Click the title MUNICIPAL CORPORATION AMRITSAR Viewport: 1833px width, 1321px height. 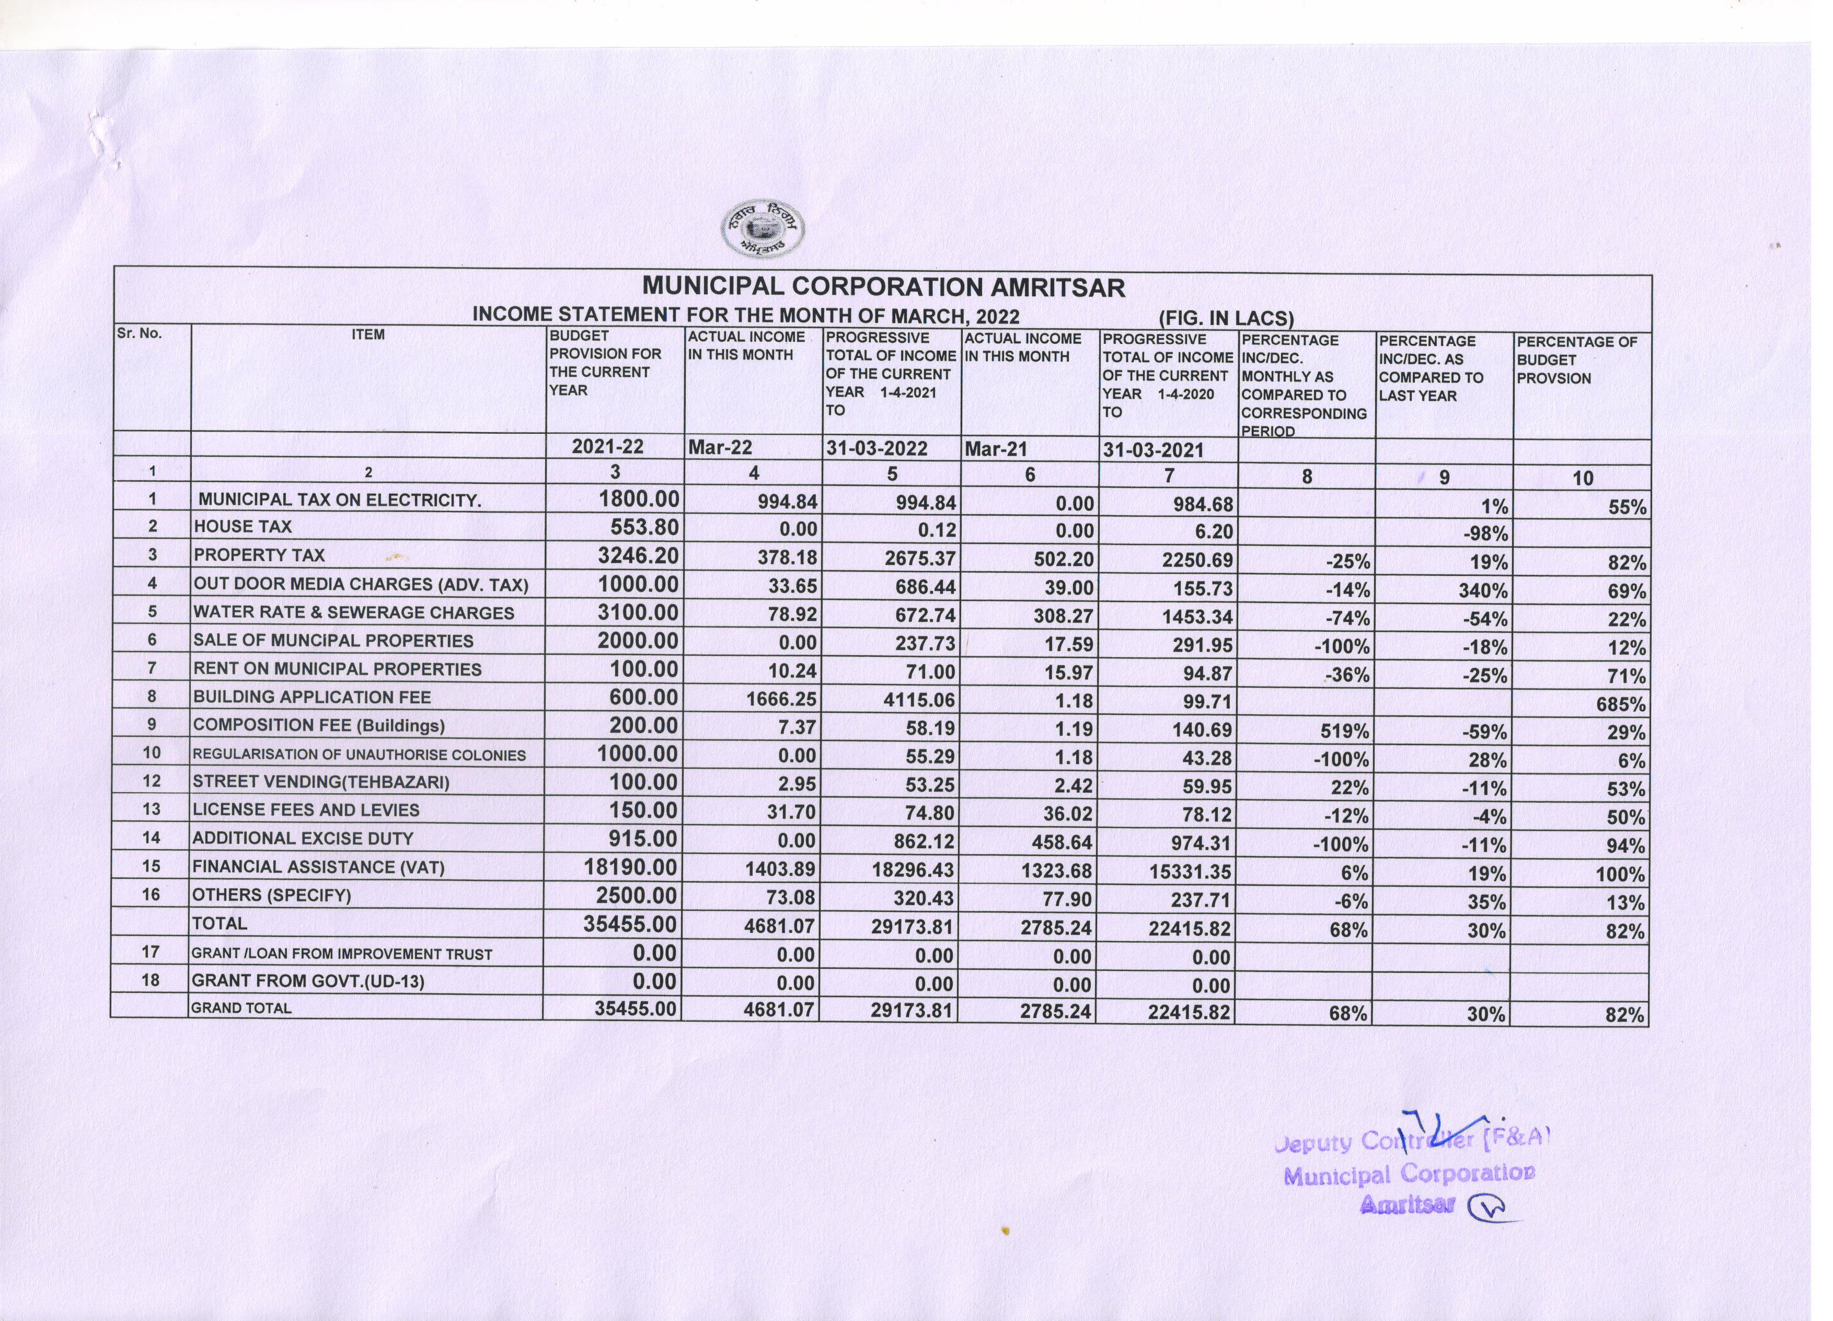[x=883, y=287]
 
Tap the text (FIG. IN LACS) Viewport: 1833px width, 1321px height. [x=1226, y=318]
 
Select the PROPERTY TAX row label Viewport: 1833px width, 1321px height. [x=259, y=555]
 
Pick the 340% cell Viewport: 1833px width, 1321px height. [x=1482, y=590]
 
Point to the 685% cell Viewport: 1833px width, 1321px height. [x=1620, y=704]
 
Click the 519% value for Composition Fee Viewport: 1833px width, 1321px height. [x=1345, y=731]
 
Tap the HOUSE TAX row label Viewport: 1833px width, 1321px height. [x=243, y=527]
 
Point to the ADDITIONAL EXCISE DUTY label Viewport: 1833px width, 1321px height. [x=303, y=839]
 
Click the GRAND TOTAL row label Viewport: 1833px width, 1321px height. [x=241, y=1009]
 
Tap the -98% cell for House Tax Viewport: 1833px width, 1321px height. [x=1485, y=533]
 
